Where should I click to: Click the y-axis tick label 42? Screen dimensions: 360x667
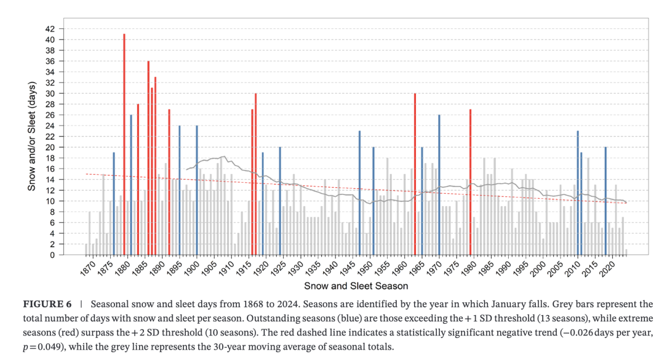[x=50, y=29]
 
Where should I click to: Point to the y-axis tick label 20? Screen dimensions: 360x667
[x=50, y=147]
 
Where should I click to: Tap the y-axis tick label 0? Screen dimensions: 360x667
[x=52, y=255]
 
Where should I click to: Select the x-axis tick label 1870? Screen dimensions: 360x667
[x=87, y=268]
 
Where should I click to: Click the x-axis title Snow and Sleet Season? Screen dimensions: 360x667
[x=356, y=286]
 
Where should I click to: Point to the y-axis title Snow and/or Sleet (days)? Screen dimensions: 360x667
[x=32, y=137]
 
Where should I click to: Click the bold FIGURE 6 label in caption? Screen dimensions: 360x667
[x=47, y=305]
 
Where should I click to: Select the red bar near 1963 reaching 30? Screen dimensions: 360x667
[x=415, y=174]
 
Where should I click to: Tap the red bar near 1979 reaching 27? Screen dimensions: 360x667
[x=470, y=182]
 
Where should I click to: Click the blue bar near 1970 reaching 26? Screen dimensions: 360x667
[x=439, y=185]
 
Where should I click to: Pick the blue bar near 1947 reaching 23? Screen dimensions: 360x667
[x=360, y=193]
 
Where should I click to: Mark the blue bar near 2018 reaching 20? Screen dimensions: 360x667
[x=605, y=201]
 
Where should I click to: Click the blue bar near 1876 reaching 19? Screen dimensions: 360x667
[x=114, y=204]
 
